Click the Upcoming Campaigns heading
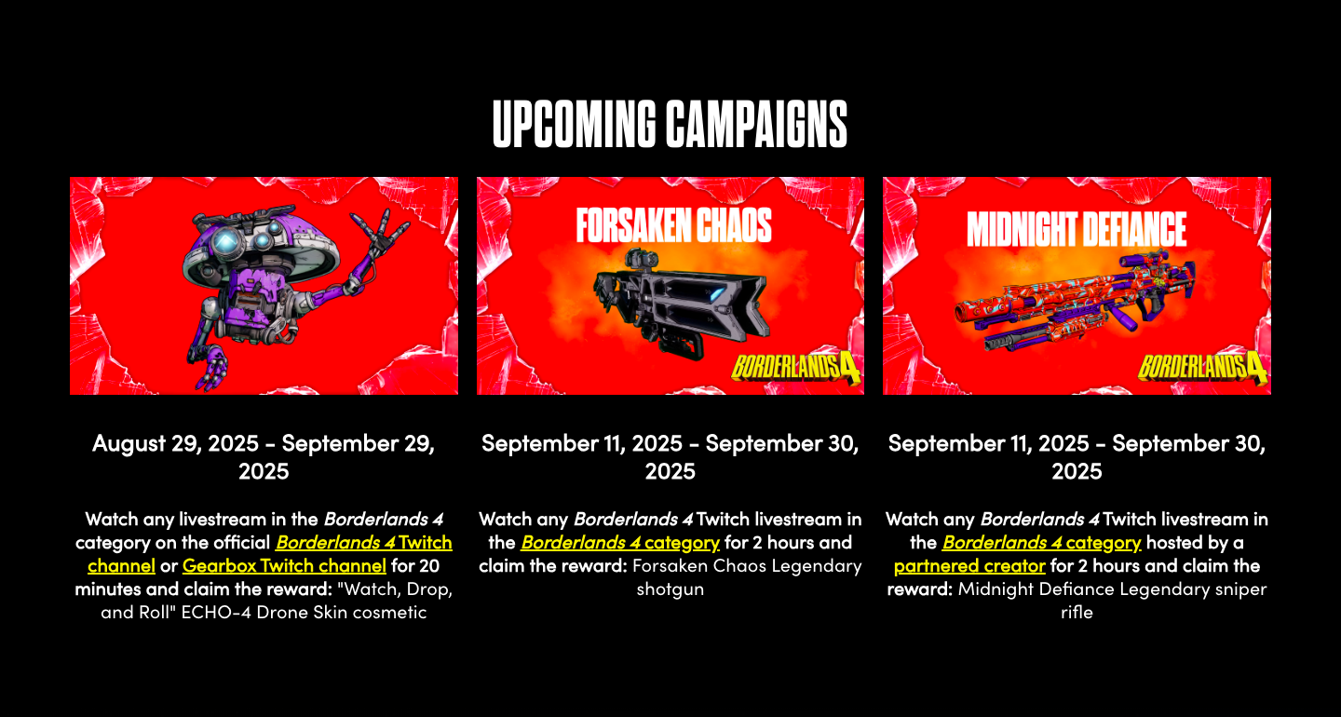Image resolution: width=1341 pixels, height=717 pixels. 670,124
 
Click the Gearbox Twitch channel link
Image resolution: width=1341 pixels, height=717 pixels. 284,565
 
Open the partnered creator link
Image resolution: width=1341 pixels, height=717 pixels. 969,565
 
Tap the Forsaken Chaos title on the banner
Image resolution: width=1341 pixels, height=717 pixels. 673,225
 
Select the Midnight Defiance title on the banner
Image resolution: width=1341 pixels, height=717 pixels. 1077,229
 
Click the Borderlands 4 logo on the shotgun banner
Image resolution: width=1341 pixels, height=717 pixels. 795,367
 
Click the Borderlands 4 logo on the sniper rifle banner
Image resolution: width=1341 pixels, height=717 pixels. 1202,367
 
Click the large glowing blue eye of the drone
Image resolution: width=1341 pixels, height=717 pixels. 226,242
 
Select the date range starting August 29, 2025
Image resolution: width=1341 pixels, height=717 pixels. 264,457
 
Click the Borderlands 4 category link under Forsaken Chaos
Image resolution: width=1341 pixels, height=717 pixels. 620,542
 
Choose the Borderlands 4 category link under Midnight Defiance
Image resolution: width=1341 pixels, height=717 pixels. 1042,542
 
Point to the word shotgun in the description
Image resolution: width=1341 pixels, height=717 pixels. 670,589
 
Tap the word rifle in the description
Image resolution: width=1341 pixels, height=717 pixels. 1077,613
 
